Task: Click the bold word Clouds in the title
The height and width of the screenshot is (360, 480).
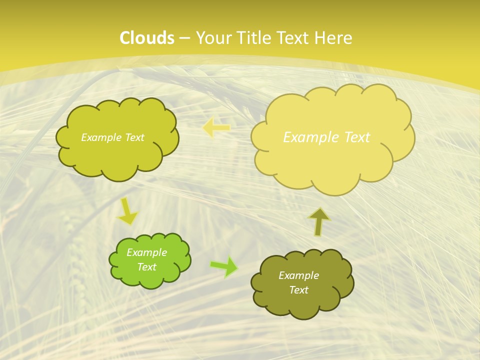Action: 147,38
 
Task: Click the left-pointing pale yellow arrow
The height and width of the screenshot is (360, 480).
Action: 216,128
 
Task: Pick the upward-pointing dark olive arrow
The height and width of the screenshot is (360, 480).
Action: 319,221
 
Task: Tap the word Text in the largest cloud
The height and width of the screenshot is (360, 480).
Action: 357,137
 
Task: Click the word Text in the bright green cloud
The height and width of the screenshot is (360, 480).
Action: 147,267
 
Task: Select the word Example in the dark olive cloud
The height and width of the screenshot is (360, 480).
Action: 298,275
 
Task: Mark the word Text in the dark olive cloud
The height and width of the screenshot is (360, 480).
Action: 298,290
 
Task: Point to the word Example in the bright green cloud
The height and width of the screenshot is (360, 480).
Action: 147,252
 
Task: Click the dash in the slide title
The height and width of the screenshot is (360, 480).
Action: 184,38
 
